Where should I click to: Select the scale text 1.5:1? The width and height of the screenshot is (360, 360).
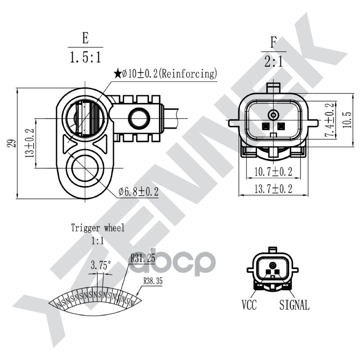pos(85,57)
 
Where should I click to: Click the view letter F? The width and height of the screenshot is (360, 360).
pos(273,43)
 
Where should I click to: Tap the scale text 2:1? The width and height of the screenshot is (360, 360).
pos(273,61)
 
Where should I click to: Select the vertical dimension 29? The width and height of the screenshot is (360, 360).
pos(12,143)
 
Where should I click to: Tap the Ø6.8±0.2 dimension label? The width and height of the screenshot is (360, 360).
pos(139,192)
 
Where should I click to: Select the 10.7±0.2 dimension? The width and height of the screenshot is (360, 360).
pos(273,171)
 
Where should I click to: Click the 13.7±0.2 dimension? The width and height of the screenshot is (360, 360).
pos(273,189)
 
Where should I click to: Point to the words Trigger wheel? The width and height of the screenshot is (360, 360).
pos(98,228)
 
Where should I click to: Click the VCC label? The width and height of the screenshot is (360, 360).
pos(249,306)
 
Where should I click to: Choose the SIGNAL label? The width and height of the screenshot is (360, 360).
pos(294,306)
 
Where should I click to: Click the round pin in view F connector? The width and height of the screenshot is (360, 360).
pos(273,114)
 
